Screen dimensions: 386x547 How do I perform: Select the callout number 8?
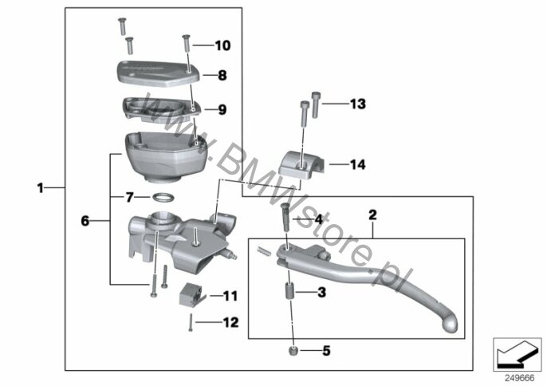coord(222,76)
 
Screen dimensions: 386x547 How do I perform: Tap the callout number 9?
coord(222,109)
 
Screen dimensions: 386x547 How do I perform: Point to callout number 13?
coord(357,104)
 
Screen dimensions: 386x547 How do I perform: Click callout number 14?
coord(357,165)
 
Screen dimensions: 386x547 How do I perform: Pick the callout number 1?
coord(40,188)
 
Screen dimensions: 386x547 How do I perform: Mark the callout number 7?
coord(128,196)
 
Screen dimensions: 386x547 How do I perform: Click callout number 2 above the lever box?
coord(372,215)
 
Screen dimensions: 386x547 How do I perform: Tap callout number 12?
coord(230,323)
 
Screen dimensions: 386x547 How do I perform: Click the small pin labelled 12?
coord(191,323)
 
